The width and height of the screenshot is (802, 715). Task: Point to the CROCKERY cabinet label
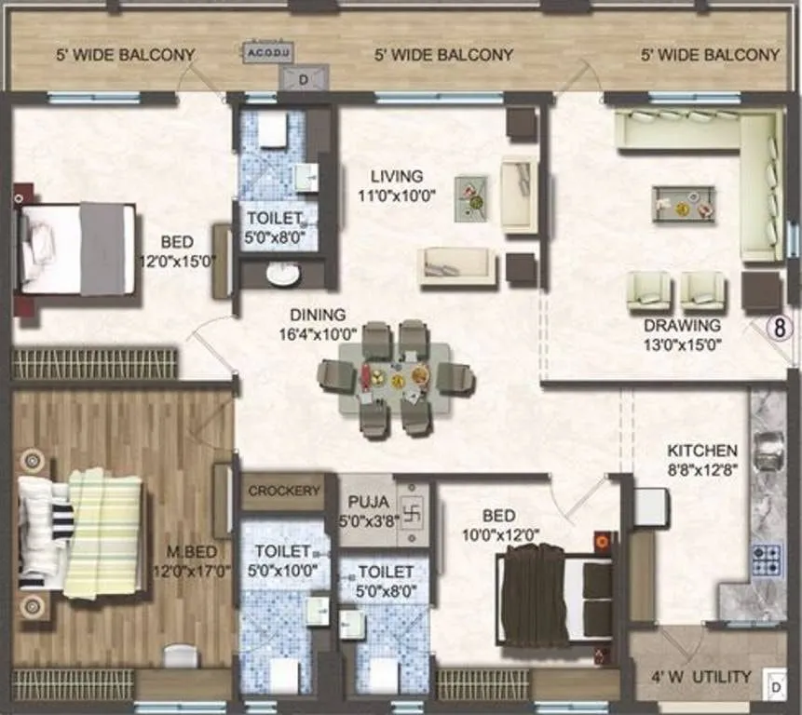click(284, 491)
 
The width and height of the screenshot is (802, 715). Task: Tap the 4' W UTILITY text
click(700, 677)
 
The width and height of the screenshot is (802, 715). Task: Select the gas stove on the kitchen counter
click(767, 559)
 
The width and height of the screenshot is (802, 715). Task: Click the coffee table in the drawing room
click(684, 204)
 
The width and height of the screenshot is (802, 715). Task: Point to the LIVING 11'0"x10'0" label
click(396, 185)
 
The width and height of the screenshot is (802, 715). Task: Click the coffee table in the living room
click(470, 198)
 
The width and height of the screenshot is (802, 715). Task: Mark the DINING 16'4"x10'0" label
click(317, 324)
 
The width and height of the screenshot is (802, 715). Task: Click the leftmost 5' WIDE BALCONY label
click(123, 55)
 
